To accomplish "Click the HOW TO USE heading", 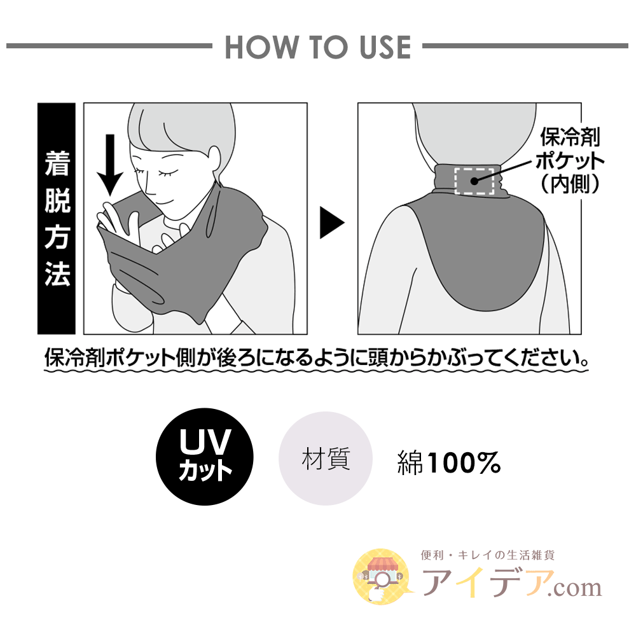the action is [x=318, y=47].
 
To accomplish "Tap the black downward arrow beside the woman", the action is [x=110, y=165].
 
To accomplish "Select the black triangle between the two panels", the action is [x=331, y=223].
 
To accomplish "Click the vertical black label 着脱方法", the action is [x=57, y=219].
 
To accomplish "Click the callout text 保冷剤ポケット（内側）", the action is [x=569, y=161].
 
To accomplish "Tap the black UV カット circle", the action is [x=205, y=456].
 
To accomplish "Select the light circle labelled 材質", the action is [x=325, y=459].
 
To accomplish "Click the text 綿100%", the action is [x=448, y=462].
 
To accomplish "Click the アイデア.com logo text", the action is [x=511, y=583].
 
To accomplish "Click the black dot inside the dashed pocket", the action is [x=474, y=181].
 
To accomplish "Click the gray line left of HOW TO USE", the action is [x=109, y=46].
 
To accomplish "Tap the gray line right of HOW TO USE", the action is [x=525, y=46].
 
